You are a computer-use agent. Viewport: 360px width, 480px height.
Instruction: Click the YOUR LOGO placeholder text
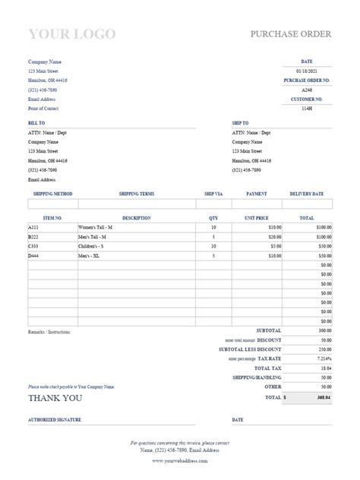(x=71, y=33)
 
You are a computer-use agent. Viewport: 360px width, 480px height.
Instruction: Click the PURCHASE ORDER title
(x=292, y=35)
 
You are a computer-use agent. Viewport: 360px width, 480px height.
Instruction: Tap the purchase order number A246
(x=307, y=89)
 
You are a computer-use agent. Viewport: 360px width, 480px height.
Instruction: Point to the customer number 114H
(x=307, y=108)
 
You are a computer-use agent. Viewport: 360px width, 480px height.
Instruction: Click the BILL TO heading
(x=36, y=122)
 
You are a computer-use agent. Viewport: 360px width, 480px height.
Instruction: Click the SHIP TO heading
(x=241, y=122)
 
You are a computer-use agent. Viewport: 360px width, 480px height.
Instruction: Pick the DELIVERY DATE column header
(x=307, y=194)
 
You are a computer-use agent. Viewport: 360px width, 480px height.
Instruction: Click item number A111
(x=33, y=227)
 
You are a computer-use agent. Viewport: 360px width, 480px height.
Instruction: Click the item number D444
(x=33, y=256)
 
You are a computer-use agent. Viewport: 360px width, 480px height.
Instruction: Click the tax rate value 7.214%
(x=324, y=358)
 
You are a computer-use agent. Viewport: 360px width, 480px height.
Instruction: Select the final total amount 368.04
(x=324, y=396)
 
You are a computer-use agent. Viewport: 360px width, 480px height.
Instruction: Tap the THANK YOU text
(x=55, y=396)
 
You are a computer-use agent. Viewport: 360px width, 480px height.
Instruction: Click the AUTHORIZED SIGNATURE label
(x=54, y=419)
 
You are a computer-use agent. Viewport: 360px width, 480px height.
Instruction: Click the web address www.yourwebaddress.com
(x=180, y=460)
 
